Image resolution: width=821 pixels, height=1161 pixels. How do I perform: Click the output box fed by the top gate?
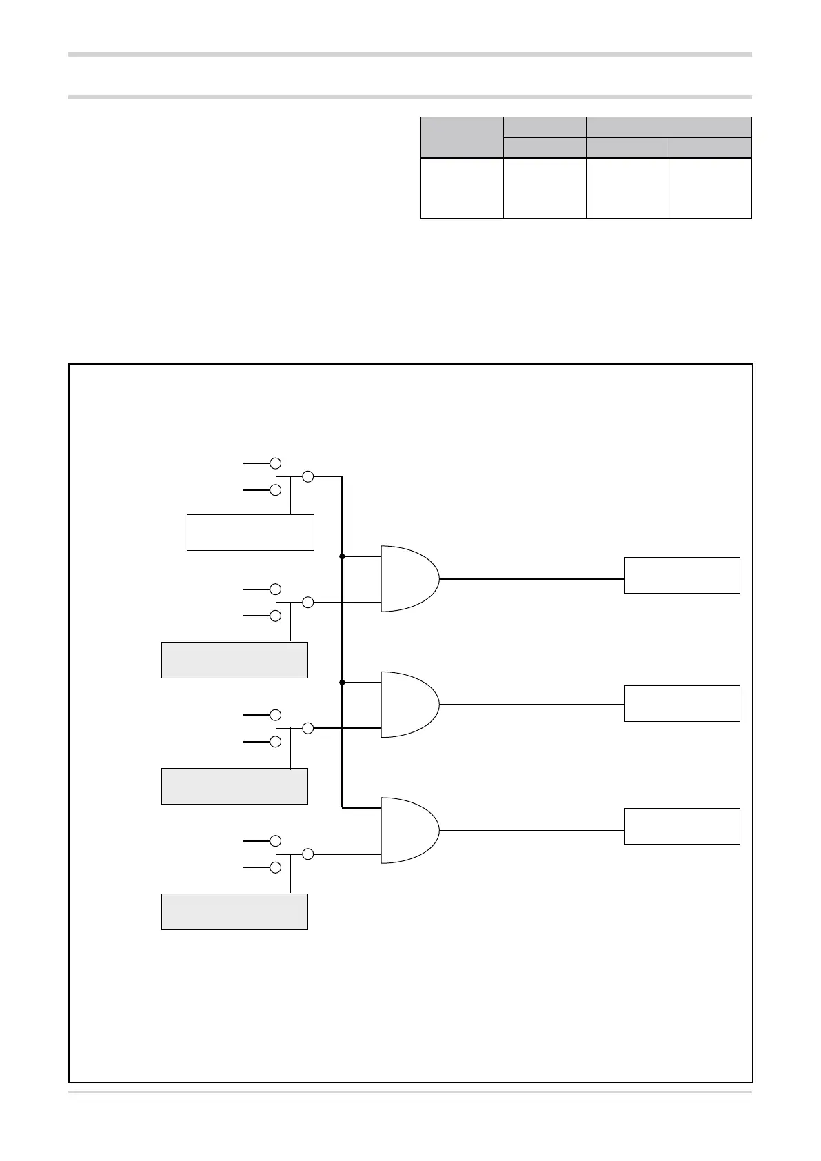coord(682,575)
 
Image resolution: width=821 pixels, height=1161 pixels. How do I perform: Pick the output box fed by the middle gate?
coord(682,703)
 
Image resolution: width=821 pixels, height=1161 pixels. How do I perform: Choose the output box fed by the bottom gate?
coord(682,826)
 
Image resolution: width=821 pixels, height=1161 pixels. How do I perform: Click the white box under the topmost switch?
coord(250,532)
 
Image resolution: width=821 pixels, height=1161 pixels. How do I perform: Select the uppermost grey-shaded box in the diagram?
coord(234,660)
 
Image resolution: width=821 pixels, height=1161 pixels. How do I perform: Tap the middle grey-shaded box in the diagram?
coord(234,786)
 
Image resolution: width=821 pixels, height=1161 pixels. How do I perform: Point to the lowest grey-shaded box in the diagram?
coord(234,911)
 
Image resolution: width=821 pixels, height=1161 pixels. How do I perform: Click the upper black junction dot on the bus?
coord(342,556)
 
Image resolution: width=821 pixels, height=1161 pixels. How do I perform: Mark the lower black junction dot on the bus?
coord(342,682)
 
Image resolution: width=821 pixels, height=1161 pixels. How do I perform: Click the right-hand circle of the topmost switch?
coord(308,476)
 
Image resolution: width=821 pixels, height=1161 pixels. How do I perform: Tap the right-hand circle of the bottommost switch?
coord(308,854)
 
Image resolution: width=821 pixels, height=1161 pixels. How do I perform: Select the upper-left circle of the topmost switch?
coord(275,463)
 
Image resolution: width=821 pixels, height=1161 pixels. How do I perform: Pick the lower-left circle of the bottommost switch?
coord(275,867)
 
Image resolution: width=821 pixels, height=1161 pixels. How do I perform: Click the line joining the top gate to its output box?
coord(531,579)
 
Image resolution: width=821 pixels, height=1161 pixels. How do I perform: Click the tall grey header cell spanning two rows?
coord(462,137)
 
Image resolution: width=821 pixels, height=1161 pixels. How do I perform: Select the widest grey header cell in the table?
coord(668,127)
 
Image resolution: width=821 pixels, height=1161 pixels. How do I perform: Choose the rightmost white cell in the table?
coord(709,188)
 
